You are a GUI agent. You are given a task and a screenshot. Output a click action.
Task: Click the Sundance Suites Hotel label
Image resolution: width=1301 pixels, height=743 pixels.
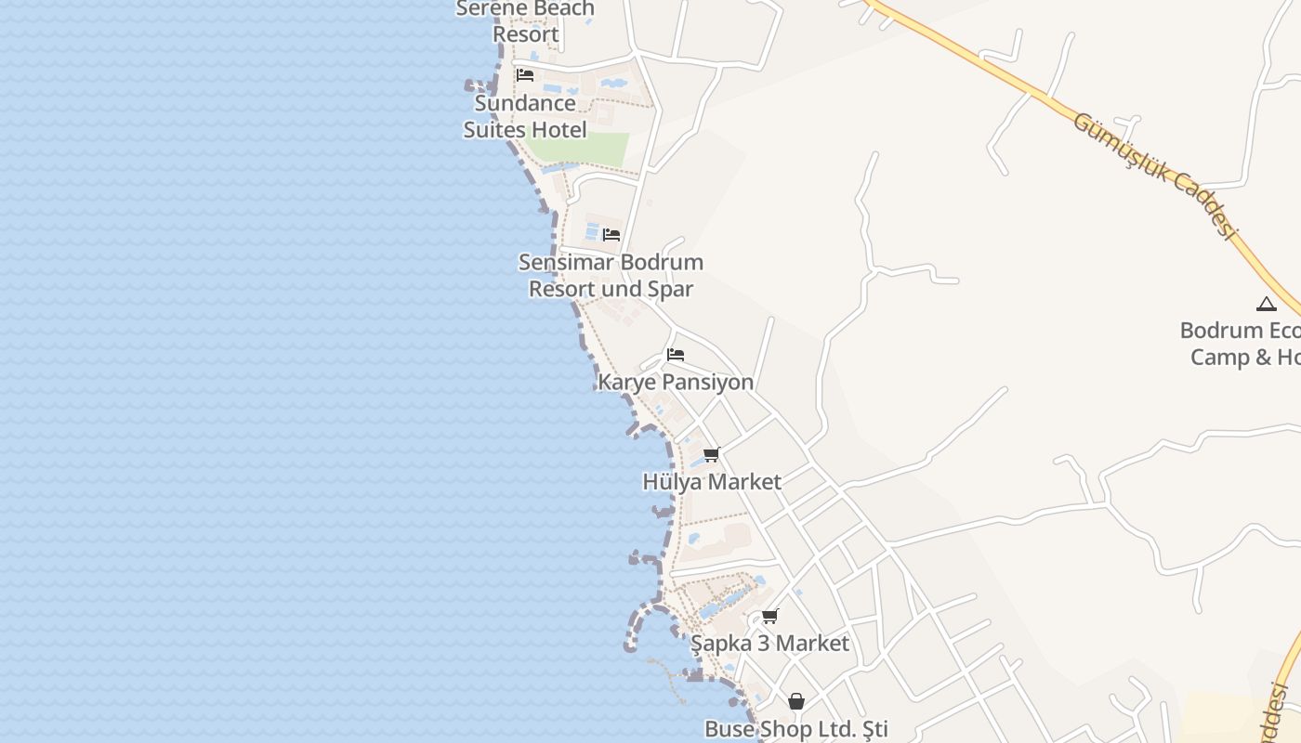[x=525, y=116]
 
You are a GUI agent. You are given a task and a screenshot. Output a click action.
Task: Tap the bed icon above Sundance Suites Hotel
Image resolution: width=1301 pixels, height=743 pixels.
[x=525, y=75]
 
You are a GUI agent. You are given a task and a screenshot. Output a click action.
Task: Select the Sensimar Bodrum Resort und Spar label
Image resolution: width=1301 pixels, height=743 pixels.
[x=611, y=276]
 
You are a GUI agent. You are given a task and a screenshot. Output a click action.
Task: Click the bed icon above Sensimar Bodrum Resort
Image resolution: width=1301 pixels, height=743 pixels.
[x=611, y=235]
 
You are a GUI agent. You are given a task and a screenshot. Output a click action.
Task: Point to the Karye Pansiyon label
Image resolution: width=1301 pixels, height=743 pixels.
[x=676, y=382]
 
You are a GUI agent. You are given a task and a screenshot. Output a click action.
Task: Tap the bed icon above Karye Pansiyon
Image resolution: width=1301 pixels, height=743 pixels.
[x=676, y=355]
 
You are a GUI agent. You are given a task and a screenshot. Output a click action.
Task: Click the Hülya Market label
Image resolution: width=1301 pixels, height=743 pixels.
[x=712, y=482]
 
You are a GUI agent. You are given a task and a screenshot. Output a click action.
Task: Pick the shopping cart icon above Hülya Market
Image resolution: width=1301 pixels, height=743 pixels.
[x=712, y=454]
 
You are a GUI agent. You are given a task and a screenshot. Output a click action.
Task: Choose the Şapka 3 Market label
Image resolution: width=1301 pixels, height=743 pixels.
[x=769, y=644]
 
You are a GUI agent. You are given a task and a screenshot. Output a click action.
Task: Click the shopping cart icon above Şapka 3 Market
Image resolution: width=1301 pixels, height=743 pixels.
[x=770, y=616]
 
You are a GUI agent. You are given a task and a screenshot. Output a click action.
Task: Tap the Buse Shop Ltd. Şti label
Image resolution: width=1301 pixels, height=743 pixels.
[x=796, y=729]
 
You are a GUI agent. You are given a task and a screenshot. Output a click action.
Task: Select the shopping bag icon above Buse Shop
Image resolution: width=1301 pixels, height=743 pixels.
[x=796, y=701]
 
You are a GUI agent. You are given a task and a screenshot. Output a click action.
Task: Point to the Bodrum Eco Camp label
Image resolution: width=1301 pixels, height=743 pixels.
[x=1242, y=344]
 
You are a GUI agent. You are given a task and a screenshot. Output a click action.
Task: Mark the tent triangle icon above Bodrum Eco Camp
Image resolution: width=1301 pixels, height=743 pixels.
[x=1267, y=304]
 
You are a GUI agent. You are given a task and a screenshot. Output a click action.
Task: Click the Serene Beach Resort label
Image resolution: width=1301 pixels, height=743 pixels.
[x=525, y=21]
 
